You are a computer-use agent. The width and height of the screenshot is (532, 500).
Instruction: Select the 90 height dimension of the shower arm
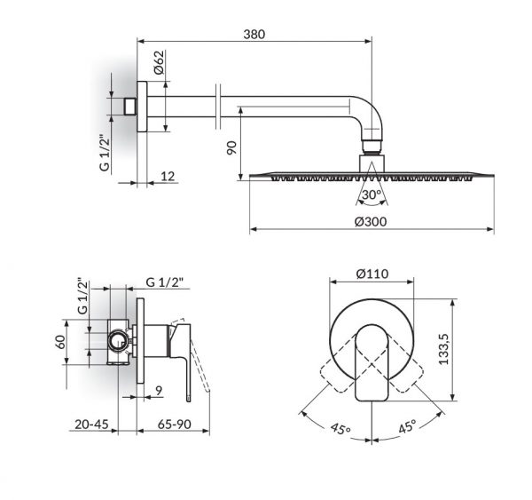point(231,148)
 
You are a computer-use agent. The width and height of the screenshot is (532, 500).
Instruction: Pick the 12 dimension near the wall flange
point(166,178)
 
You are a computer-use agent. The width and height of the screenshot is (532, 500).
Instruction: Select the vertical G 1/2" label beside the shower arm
point(104,153)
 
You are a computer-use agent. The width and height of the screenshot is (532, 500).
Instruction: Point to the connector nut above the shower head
point(372,163)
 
